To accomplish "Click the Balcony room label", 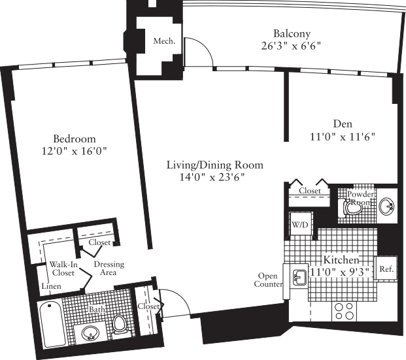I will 292,34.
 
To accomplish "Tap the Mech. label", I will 163,41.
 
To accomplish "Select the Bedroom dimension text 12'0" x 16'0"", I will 75,151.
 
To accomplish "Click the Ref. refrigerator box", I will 386,268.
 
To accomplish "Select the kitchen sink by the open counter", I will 299,278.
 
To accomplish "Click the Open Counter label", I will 269,280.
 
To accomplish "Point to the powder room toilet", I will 348,206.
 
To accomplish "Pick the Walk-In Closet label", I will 63,269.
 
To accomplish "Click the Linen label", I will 52,287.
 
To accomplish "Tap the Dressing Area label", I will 109,269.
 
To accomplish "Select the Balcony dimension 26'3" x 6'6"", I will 292,47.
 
